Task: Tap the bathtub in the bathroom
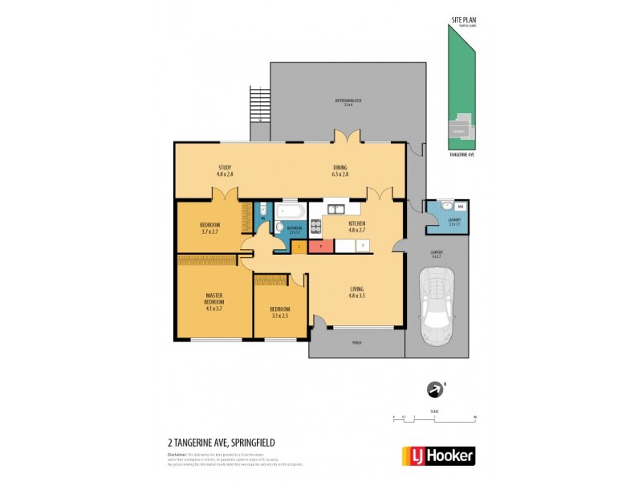[290, 211]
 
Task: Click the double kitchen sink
[335, 210]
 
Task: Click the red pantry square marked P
[320, 246]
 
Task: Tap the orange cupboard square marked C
[298, 246]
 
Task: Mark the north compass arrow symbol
[436, 390]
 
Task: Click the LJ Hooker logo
[437, 455]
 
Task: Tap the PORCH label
[357, 343]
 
